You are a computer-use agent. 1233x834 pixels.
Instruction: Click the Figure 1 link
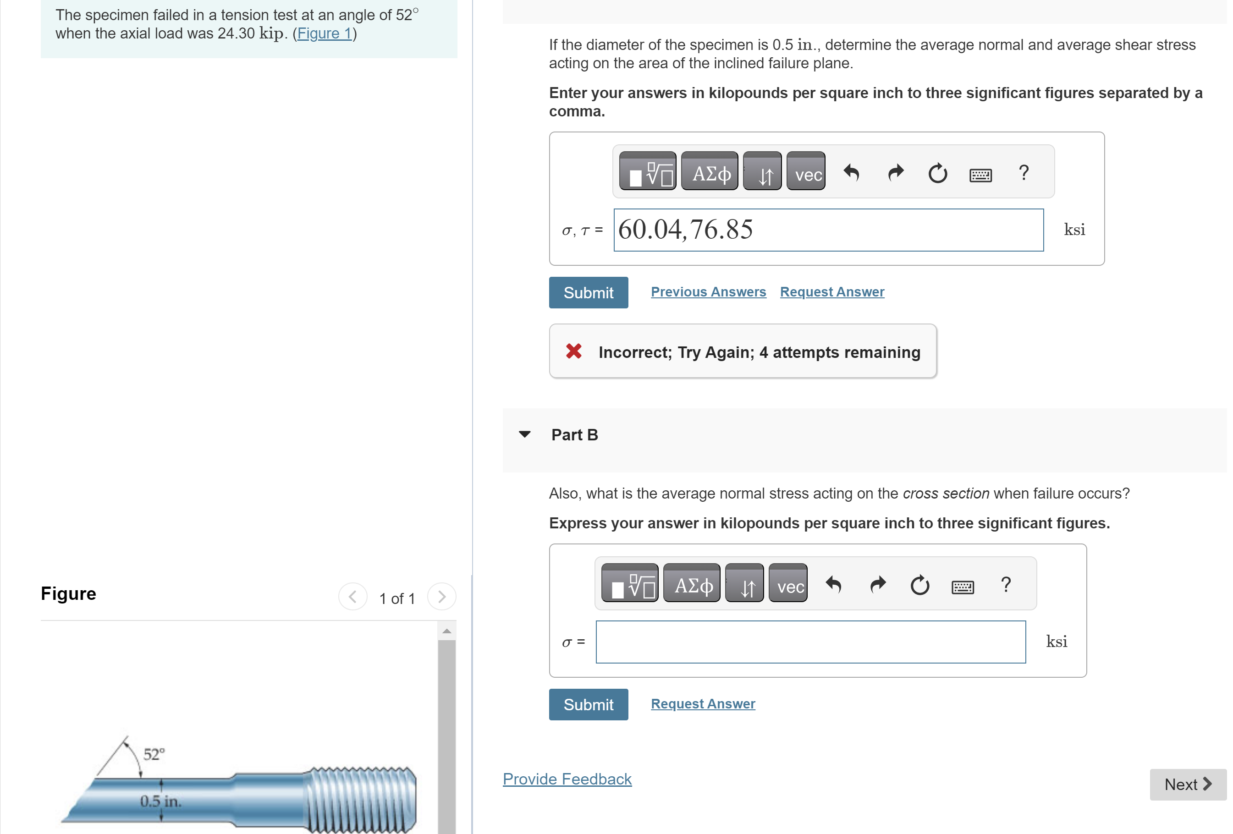tap(324, 33)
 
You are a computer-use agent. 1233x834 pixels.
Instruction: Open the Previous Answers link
tap(708, 292)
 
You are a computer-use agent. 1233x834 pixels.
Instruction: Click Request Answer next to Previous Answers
tap(831, 292)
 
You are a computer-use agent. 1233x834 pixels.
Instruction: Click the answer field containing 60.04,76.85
tap(828, 230)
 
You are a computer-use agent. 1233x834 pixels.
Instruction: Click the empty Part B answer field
tap(809, 642)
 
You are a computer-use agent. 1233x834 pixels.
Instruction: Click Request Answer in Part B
tap(703, 703)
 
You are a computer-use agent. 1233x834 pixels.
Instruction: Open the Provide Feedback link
tap(567, 779)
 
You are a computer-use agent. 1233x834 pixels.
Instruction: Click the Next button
tap(1187, 784)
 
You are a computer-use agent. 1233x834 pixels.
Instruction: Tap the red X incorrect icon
tap(573, 351)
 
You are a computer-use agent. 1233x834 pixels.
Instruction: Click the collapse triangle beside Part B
tap(524, 434)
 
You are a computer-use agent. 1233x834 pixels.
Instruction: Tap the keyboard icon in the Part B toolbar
tap(962, 586)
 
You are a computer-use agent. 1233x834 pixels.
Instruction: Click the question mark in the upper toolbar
tap(1024, 172)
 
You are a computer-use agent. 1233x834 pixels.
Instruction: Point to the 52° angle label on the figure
tap(154, 754)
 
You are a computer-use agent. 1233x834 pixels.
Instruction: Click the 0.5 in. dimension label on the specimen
tap(160, 801)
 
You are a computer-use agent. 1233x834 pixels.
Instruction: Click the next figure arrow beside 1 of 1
tap(441, 597)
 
